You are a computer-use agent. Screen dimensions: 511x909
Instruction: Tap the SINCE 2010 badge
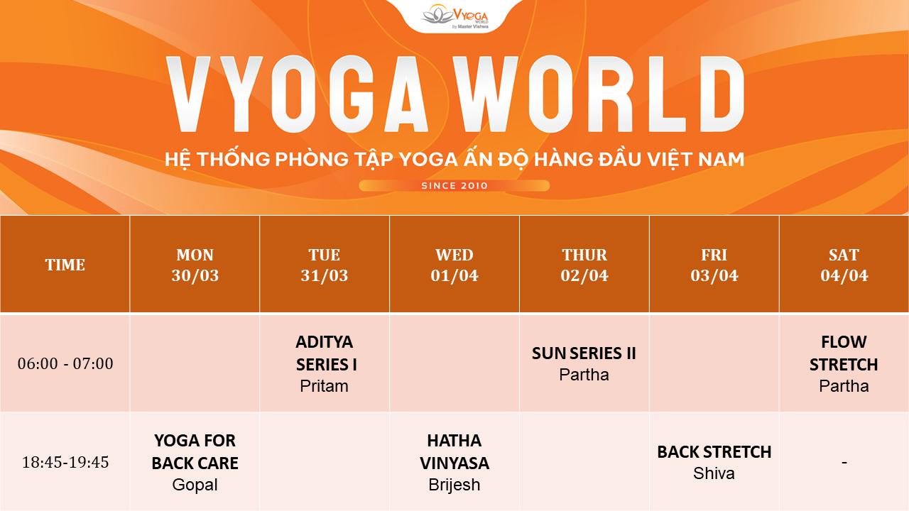pos(454,186)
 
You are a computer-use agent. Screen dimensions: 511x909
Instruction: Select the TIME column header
pos(65,265)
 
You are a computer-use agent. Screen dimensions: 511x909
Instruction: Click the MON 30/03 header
pos(195,265)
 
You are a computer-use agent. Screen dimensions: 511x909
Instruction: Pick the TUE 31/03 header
pos(325,265)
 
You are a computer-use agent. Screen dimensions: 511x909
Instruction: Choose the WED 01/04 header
pos(454,265)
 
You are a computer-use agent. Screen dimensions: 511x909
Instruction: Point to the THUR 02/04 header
pos(584,265)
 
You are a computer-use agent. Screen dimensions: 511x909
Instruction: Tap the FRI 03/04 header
pos(714,265)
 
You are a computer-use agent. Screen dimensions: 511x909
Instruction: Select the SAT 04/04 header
pos(844,265)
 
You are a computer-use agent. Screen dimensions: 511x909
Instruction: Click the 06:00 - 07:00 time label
pos(65,363)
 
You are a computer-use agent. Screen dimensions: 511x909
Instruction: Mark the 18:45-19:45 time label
pos(65,462)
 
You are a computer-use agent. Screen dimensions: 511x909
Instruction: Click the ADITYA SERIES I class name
pos(325,353)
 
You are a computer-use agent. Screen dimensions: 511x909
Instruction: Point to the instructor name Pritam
pos(325,386)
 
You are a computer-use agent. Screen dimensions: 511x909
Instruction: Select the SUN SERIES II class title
pos(584,353)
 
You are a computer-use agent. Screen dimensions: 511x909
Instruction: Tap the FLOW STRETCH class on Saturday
pos(844,353)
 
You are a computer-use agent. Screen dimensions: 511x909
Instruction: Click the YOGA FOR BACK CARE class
pos(195,452)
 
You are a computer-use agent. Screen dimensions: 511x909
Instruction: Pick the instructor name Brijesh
pos(454,485)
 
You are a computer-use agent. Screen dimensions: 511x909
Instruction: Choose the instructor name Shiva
pos(714,473)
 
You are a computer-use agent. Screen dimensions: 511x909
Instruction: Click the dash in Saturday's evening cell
pos(844,463)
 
